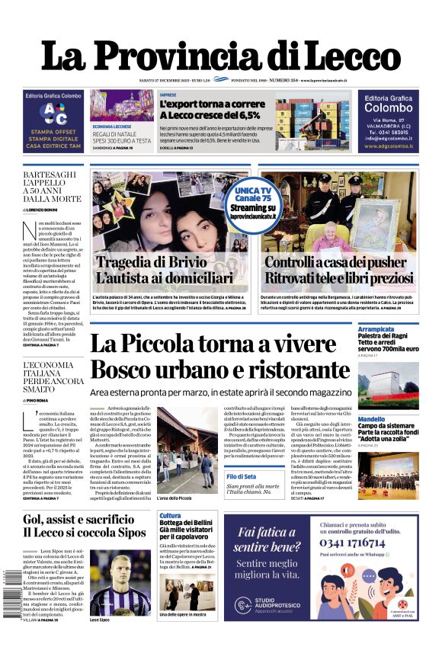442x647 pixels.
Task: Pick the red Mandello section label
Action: point(372,419)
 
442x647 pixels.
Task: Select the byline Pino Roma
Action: point(40,399)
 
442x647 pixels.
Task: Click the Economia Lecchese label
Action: point(112,126)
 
